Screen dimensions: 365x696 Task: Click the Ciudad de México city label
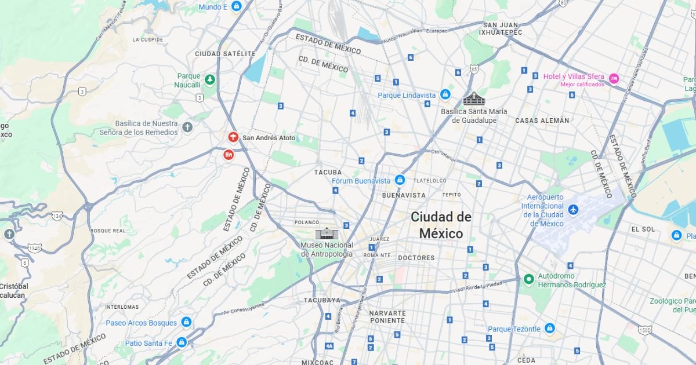[441, 225]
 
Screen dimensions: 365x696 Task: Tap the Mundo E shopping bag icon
[236, 7]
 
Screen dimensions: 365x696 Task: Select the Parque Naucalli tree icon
[209, 79]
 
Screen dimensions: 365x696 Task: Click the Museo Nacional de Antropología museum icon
[325, 233]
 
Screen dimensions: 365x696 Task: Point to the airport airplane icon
[574, 209]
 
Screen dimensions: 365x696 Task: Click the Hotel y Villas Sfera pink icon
[614, 78]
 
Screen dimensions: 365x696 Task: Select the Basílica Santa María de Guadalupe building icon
[473, 98]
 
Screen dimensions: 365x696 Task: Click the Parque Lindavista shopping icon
[445, 94]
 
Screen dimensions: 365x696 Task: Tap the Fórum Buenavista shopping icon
[400, 180]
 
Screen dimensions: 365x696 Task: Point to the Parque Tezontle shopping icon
[550, 329]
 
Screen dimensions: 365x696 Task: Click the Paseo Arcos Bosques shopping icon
[186, 322]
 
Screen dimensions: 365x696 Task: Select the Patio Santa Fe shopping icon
[182, 342]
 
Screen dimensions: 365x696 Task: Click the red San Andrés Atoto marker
[233, 138]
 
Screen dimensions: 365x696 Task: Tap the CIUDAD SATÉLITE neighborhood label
[225, 54]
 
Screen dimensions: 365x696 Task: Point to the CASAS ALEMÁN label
[542, 121]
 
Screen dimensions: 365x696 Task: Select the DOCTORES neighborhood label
[416, 258]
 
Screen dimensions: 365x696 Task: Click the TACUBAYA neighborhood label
[322, 300]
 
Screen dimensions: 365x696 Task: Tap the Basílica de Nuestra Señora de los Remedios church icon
[187, 127]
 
